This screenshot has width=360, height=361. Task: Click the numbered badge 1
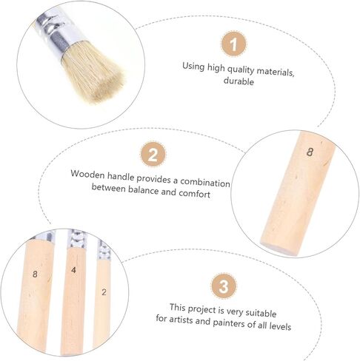coord(233,44)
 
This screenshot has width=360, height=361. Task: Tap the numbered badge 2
coord(153,155)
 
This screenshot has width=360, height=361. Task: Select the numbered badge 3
coord(224,286)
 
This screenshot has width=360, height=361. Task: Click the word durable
coord(239,81)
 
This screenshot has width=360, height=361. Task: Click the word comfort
coord(194,193)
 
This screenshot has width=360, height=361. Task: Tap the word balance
coord(143,190)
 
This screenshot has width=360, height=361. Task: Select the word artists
coord(181,320)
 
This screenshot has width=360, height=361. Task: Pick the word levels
coord(280,326)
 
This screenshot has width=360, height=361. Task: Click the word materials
coord(276,72)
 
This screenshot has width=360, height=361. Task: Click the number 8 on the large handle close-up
coord(310,152)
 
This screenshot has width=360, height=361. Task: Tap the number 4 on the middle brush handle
coord(73,270)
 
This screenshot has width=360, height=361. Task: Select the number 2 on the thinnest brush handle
coord(104,292)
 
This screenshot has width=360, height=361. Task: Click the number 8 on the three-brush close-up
coord(35,274)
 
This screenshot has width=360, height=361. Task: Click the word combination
coord(205,183)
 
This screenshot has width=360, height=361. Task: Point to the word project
coord(201,309)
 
